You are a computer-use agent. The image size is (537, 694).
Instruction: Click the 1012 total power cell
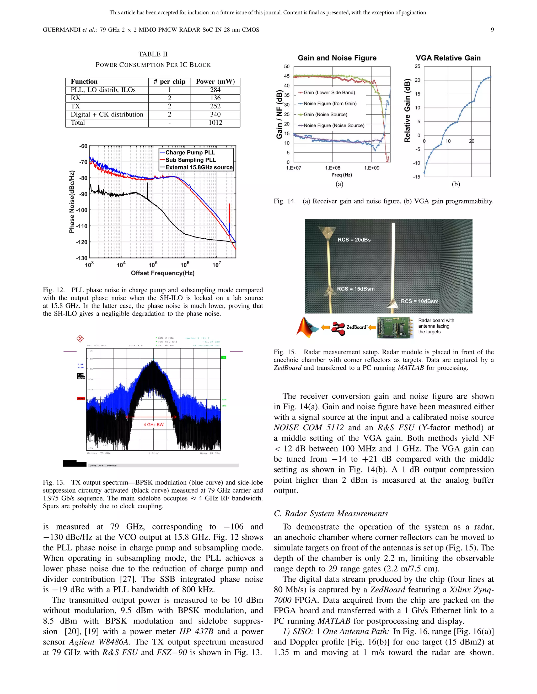tap(215, 123)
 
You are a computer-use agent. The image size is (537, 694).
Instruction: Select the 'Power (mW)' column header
tap(215, 82)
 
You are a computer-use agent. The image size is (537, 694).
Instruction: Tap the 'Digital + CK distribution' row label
tap(107, 114)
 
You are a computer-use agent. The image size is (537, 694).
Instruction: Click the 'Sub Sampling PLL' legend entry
tap(190, 160)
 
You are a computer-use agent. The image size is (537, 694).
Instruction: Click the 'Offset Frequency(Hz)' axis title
tap(163, 273)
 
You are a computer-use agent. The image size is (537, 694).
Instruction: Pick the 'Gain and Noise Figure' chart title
tap(337, 58)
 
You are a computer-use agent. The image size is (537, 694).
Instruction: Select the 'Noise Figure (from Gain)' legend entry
tap(330, 104)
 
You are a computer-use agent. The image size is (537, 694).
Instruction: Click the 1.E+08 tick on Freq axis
tap(332, 168)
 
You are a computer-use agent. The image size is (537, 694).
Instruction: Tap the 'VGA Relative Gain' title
tap(448, 58)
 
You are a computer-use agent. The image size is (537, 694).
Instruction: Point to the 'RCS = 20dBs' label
tap(354, 240)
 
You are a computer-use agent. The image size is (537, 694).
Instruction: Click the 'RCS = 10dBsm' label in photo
tap(419, 301)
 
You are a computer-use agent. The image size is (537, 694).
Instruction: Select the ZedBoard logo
tap(349, 327)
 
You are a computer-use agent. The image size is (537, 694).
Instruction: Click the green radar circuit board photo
tap(395, 327)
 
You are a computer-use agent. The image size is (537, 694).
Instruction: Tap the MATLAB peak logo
tap(307, 327)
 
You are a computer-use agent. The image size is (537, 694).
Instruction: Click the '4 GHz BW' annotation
tap(153, 425)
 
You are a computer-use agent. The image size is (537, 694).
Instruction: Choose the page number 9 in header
tap(492, 30)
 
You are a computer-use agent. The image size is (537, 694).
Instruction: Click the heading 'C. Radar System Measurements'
tap(331, 514)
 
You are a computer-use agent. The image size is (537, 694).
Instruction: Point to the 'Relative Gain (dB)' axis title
tap(407, 110)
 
